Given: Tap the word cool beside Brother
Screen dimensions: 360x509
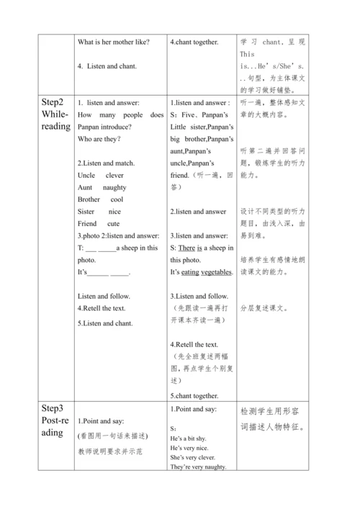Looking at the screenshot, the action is [117, 199].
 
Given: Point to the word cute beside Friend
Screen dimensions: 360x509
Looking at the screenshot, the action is [114, 224].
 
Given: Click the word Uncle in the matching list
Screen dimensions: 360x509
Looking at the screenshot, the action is [86, 175].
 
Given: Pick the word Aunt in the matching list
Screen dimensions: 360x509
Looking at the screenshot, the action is [85, 187].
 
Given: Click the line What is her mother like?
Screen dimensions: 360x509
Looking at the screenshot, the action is [113, 42].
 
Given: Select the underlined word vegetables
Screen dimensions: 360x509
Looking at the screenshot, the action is [216, 272].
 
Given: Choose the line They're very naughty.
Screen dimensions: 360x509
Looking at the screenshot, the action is [199, 467].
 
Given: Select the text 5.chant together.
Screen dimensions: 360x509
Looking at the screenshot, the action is [194, 395].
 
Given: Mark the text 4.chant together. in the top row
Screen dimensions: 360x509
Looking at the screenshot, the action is [194, 42].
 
